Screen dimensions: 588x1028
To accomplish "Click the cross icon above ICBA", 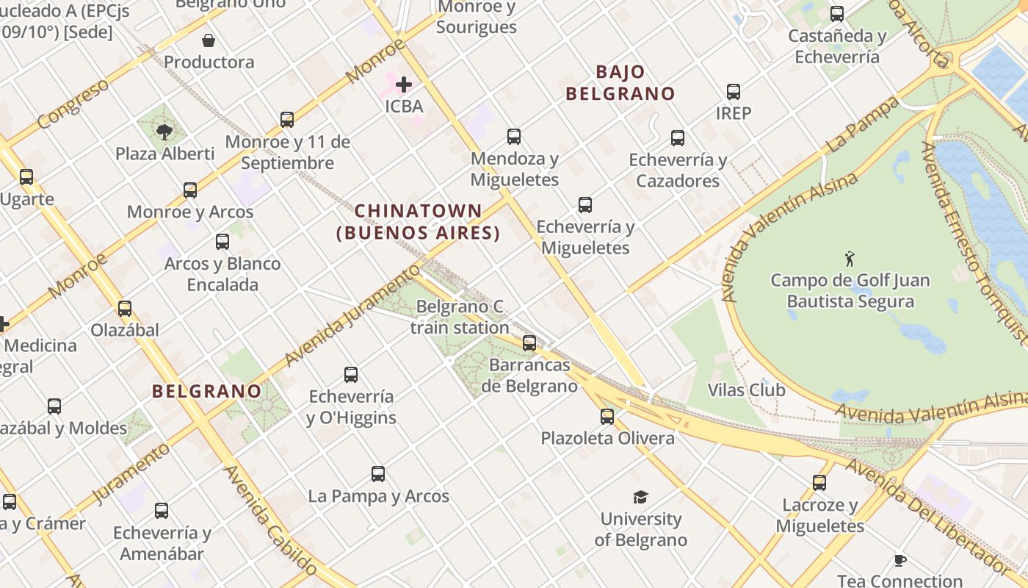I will pos(404,85).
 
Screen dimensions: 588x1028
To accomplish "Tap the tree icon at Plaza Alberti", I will pos(164,132).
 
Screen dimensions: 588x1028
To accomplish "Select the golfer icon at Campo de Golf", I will pos(850,259).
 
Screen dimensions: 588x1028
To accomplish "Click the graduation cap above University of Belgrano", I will pos(641,498).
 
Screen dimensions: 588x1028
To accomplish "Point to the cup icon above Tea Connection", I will pos(900,561).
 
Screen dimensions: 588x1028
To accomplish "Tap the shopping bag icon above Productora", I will pos(209,40).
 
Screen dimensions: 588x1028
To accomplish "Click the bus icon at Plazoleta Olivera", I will pos(607,417).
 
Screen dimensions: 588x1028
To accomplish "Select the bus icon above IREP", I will pos(734,92).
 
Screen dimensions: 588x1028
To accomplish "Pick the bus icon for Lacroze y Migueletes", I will pos(819,483).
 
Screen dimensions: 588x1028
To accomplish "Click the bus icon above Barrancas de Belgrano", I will pos(529,343).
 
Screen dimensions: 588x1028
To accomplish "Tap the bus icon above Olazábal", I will pos(125,309).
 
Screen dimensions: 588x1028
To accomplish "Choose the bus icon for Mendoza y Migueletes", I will pos(514,137).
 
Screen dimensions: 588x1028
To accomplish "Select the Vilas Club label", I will pos(746,390).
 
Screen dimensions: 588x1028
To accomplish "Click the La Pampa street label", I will pos(863,124).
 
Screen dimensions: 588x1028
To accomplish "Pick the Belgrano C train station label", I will pos(460,317).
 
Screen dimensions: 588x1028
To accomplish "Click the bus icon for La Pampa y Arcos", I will pos(378,474).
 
